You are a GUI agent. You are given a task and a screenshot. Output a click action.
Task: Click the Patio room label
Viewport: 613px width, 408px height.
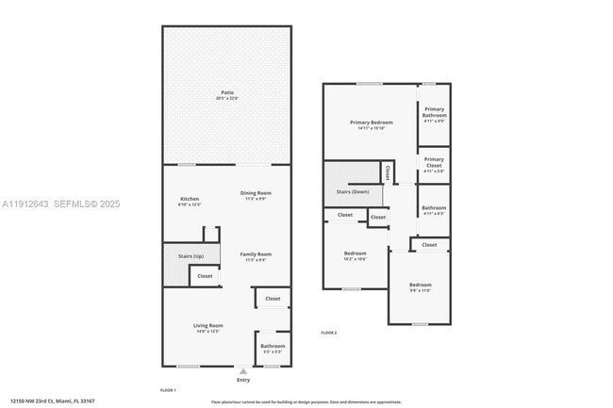click(227, 92)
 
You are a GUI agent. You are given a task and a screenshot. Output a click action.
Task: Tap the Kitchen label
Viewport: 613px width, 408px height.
click(190, 199)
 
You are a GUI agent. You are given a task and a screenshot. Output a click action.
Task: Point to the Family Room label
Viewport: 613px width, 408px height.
click(255, 254)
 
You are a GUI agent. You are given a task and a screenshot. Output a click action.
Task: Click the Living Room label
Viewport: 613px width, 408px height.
click(208, 325)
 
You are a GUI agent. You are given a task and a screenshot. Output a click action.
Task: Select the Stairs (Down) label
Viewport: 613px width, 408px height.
click(353, 192)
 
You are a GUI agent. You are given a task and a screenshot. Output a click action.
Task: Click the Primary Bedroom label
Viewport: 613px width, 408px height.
click(371, 122)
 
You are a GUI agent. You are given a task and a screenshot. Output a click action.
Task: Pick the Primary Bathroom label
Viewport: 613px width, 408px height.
click(434, 112)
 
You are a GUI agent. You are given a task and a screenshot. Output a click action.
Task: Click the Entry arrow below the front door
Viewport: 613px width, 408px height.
click(243, 371)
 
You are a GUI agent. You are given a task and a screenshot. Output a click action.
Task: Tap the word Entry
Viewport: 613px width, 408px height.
click(243, 380)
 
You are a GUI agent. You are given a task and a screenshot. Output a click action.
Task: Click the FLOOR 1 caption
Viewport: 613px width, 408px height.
click(168, 390)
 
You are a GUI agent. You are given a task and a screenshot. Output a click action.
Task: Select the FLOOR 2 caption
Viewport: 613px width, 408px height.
click(328, 334)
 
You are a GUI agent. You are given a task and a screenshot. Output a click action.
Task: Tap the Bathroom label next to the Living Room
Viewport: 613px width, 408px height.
click(273, 346)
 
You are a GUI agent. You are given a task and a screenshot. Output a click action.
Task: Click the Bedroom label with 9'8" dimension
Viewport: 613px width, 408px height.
click(420, 285)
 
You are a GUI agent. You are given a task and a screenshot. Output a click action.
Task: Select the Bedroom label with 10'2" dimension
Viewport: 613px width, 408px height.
click(355, 253)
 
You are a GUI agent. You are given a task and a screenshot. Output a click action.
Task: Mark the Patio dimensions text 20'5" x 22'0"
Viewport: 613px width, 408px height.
click(227, 98)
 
